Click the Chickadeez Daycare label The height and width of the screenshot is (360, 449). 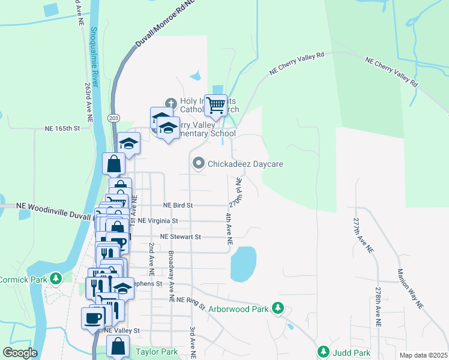coord(245,163)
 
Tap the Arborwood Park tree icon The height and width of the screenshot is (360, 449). coord(277,308)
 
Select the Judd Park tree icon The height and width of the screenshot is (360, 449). coord(324,352)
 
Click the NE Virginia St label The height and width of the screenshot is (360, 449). coord(158,221)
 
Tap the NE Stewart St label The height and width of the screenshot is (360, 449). coord(175,237)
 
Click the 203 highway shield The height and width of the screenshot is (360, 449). coord(113,118)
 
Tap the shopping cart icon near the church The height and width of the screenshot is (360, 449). coord(215,105)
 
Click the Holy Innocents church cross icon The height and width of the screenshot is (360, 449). coord(170,103)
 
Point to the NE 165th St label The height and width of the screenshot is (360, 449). coord(62,128)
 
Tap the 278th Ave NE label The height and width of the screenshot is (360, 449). coord(378,307)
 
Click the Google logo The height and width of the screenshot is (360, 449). coord(20,353)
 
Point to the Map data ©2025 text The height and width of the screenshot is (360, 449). coord(423,355)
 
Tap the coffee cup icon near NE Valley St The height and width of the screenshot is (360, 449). coord(92,318)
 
